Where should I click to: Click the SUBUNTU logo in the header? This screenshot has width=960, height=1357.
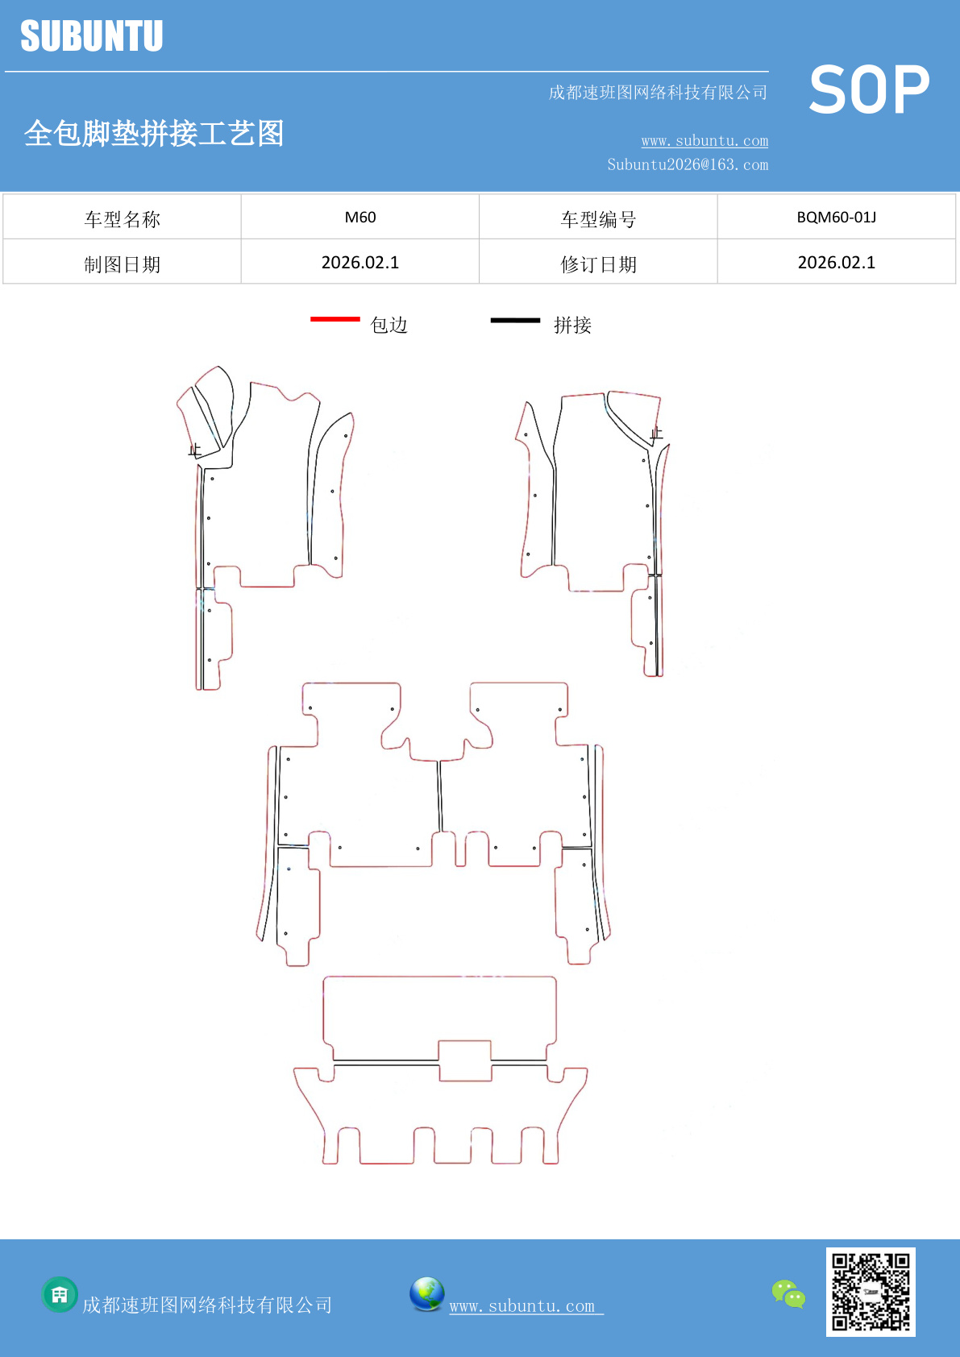click(92, 36)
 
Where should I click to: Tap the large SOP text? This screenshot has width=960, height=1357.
click(869, 90)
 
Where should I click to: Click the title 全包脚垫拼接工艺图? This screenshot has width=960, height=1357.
click(154, 134)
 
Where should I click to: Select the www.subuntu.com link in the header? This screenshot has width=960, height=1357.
click(704, 141)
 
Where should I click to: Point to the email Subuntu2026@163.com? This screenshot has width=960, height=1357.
click(688, 165)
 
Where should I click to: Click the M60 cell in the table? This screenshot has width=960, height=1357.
click(360, 218)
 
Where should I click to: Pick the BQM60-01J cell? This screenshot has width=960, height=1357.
click(836, 218)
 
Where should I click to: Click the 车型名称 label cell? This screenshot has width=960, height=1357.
click(123, 219)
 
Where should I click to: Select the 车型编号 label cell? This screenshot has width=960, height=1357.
click(598, 219)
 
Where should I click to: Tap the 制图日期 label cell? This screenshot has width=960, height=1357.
click(123, 264)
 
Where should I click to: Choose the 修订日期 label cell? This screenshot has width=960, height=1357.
click(598, 264)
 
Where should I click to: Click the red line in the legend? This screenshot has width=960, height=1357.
click(335, 320)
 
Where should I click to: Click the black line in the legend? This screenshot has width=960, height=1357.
click(515, 321)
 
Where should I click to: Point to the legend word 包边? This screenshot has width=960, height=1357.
click(389, 325)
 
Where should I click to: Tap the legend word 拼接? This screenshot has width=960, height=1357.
click(572, 325)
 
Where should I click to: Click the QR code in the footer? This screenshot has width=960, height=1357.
click(871, 1292)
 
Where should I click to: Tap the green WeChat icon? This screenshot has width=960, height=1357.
click(788, 1294)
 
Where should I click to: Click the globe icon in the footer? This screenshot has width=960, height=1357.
click(426, 1294)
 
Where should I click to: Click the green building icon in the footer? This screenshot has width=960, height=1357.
click(60, 1295)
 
